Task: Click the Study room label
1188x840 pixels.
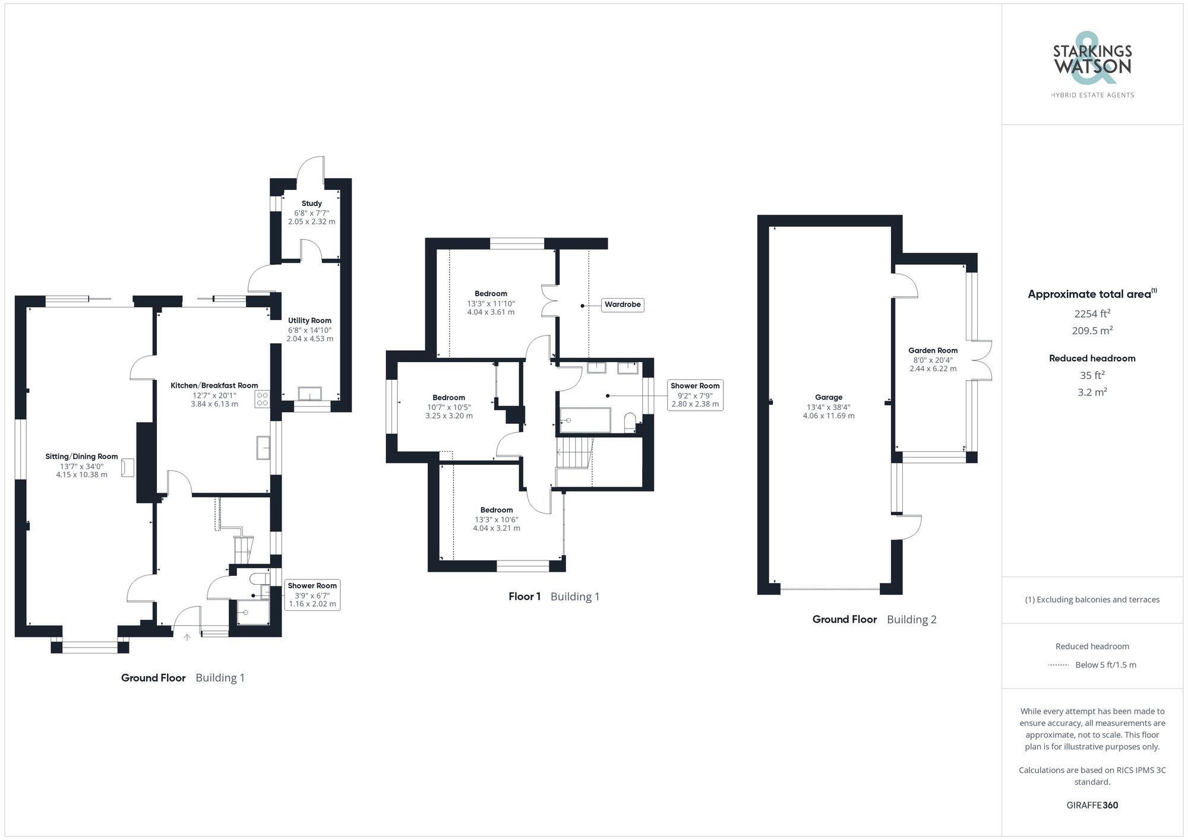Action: [311, 204]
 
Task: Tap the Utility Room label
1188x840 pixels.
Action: [309, 321]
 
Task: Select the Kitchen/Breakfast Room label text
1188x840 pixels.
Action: [214, 385]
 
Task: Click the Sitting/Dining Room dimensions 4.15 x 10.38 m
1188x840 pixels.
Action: [82, 475]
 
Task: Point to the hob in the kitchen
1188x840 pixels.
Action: [263, 399]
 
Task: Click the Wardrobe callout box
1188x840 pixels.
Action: [622, 305]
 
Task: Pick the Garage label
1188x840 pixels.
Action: [828, 397]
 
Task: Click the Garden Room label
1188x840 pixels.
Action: [933, 350]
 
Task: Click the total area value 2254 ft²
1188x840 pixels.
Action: [1092, 313]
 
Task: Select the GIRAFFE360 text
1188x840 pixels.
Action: [1092, 806]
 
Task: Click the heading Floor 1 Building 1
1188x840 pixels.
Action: [554, 597]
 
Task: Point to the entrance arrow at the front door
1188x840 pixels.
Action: [187, 637]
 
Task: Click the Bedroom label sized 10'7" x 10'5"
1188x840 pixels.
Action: [448, 398]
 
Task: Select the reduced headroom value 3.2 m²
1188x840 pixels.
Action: [1092, 392]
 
